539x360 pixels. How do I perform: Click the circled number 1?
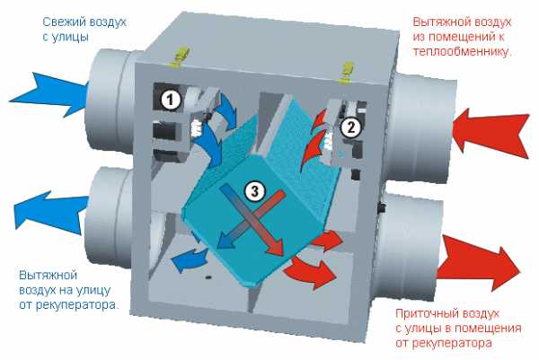tap(170, 101)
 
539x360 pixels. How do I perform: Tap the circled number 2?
tap(350, 127)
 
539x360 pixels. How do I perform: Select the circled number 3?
tap(255, 191)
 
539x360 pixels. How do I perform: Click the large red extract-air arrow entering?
tap(490, 132)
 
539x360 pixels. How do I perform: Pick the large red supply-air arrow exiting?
tap(479, 264)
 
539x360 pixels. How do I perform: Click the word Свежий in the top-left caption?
tap(61, 22)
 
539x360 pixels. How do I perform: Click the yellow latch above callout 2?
tap(347, 71)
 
